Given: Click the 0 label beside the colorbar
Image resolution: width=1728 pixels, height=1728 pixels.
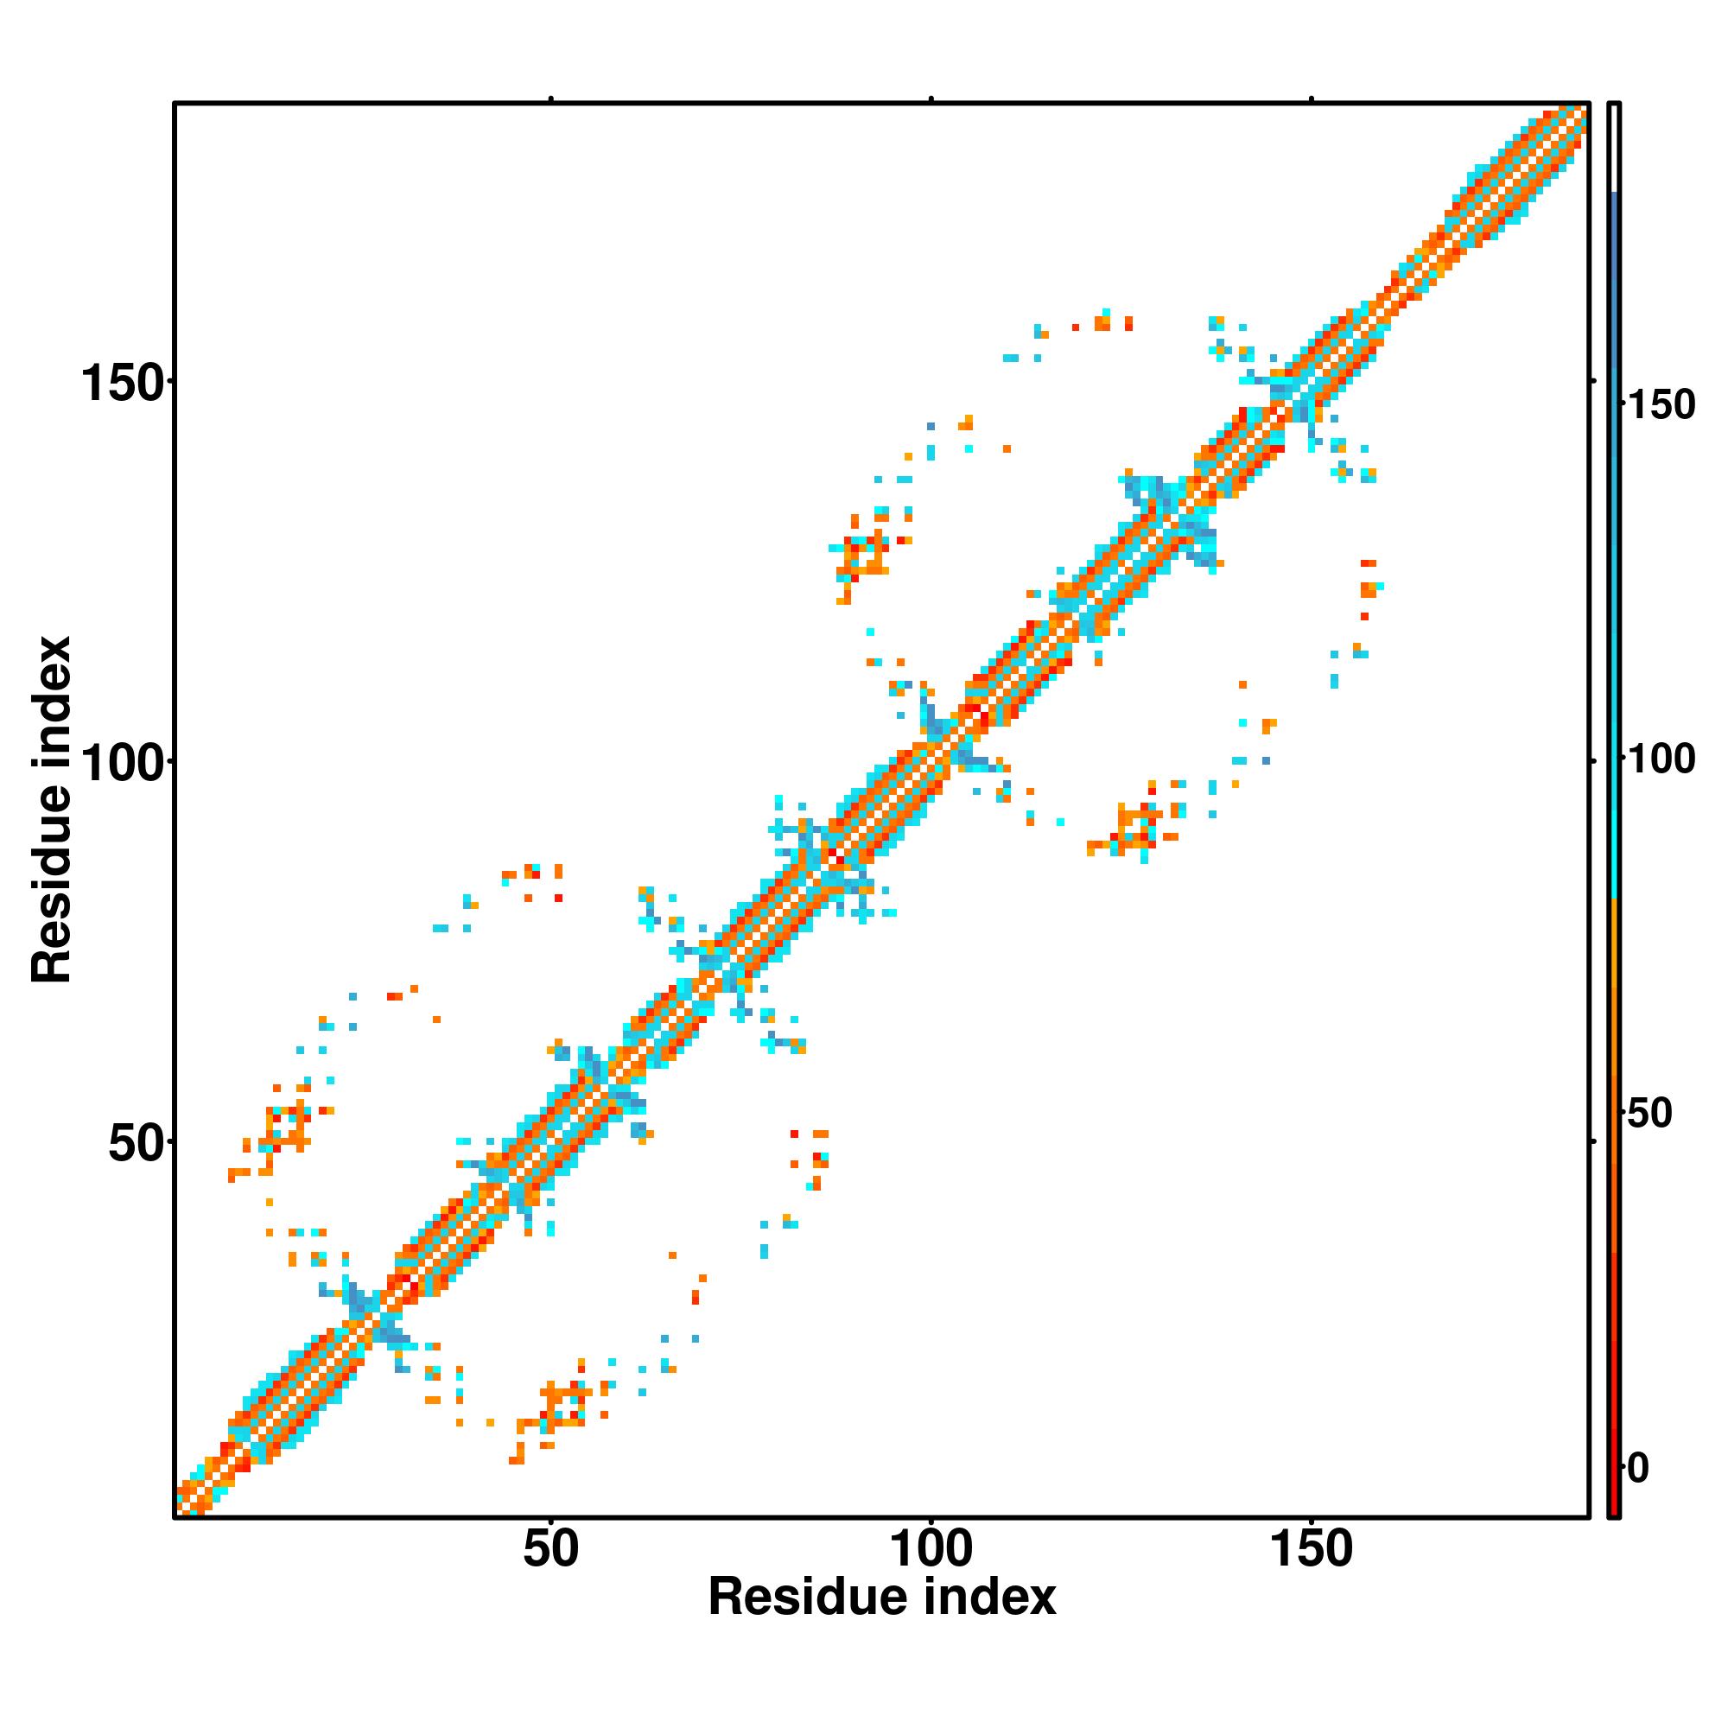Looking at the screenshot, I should pyautogui.click(x=1638, y=1468).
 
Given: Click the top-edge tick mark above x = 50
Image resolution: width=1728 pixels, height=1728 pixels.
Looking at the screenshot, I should pyautogui.click(x=551, y=99).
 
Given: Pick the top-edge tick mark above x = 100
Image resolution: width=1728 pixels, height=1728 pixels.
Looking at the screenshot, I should pyautogui.click(x=931, y=99).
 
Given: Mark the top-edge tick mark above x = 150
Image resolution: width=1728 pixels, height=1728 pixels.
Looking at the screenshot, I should pyautogui.click(x=1312, y=99).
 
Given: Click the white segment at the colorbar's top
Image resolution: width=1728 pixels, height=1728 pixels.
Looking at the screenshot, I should pyautogui.click(x=1615, y=148).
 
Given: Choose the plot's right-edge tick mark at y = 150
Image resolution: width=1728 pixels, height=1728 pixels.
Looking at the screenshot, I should pyautogui.click(x=1593, y=381).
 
